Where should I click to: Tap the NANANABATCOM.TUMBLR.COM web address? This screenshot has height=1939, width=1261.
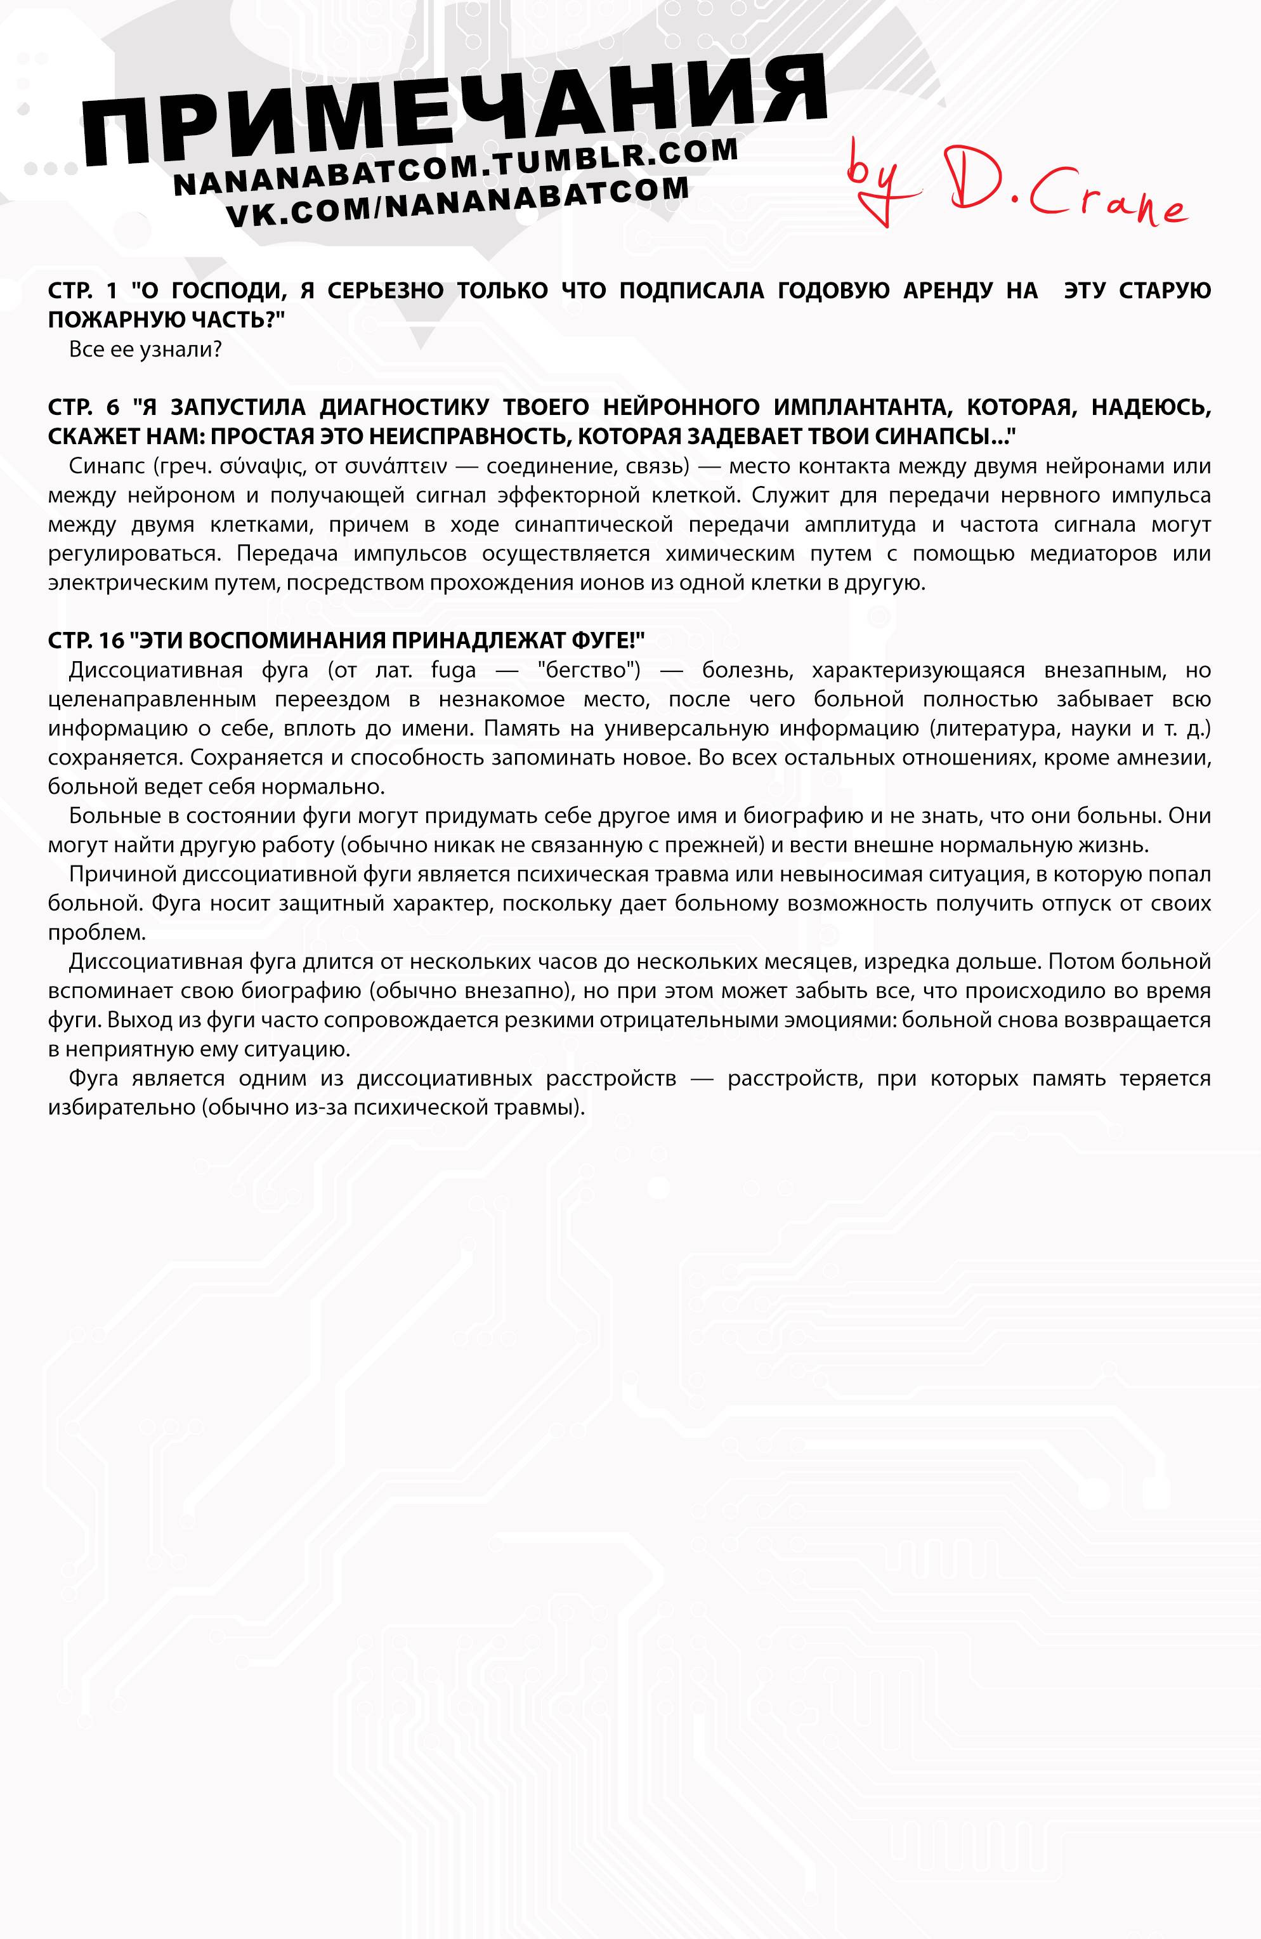click(x=456, y=167)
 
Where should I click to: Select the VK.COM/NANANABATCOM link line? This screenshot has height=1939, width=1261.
click(x=457, y=201)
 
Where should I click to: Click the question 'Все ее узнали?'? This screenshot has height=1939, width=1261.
click(x=146, y=350)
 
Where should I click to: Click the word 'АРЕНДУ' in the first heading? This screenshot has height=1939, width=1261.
click(x=946, y=291)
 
